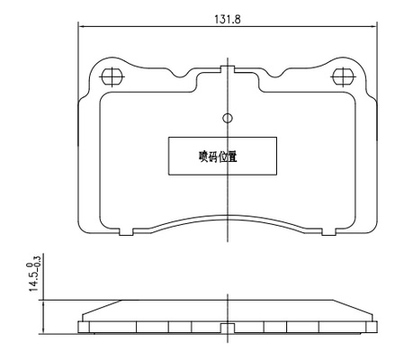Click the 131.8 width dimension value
[228, 20]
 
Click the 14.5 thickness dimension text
[33, 281]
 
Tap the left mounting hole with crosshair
[112, 76]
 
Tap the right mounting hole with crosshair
[344, 76]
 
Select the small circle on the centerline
[228, 118]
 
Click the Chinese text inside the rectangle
[218, 157]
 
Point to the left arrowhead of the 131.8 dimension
[81, 26]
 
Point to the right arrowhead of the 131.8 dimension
[373, 26]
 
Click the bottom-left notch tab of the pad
[126, 231]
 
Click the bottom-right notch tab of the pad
[328, 231]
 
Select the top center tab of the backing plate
[228, 69]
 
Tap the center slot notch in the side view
[228, 328]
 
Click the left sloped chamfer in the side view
[102, 307]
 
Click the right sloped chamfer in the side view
[353, 307]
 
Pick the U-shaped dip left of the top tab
[181, 74]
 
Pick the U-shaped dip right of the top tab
[274, 74]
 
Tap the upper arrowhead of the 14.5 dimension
[44, 302]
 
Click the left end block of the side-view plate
[84, 327]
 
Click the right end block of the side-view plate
[372, 327]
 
